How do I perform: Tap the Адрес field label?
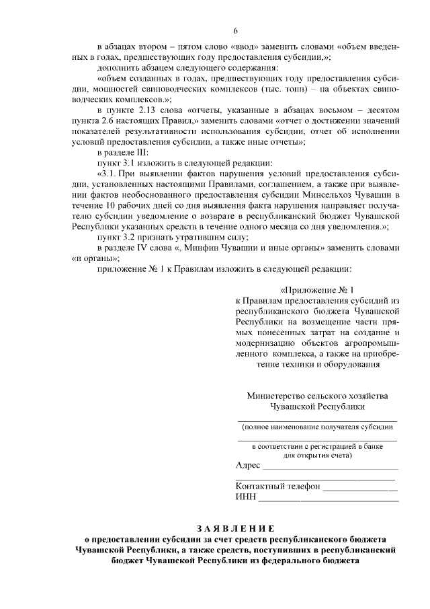point(248,466)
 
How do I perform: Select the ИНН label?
point(245,498)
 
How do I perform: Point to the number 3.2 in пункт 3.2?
point(128,235)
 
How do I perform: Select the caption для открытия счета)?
point(317,455)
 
